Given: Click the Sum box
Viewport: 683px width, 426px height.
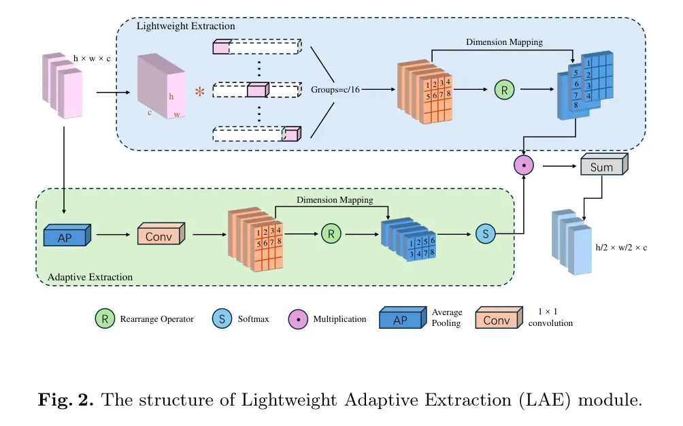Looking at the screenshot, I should [601, 167].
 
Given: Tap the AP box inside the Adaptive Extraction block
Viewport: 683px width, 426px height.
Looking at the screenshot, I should [65, 235].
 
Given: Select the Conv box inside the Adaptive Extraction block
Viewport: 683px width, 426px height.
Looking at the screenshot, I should [159, 235].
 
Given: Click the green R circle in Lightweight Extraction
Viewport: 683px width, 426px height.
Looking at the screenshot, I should [504, 89].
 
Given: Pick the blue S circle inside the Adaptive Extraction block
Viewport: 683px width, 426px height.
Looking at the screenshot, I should [486, 234].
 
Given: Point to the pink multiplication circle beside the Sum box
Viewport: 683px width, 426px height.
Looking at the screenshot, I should [524, 164].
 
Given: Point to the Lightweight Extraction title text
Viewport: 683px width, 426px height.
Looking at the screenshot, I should [186, 27].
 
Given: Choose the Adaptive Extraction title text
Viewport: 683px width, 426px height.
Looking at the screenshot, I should [90, 277].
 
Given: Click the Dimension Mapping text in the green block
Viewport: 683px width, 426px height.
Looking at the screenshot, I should [335, 200].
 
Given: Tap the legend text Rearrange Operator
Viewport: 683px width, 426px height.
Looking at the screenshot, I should [156, 318].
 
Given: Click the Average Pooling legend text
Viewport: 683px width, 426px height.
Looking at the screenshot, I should [447, 318].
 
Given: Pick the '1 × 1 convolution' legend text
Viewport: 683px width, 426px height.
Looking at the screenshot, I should [550, 318].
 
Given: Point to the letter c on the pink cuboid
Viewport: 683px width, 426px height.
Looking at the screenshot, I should [149, 112].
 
